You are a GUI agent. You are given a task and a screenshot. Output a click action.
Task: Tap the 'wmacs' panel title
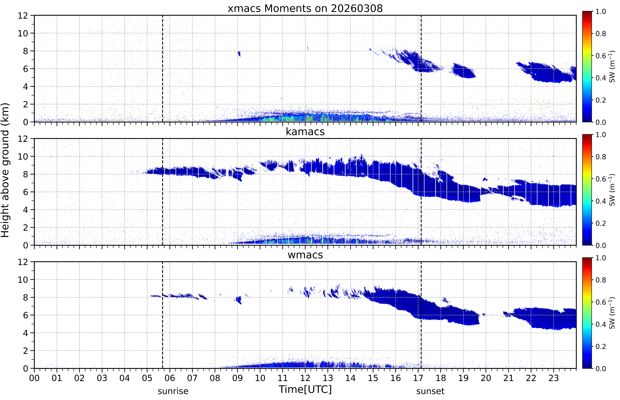tap(305, 255)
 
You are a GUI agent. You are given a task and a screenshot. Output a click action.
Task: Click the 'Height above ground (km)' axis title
tap(5, 170)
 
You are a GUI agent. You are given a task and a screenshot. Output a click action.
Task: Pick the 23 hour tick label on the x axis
tap(554, 378)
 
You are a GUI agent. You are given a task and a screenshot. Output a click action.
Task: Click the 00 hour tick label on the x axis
tap(34, 378)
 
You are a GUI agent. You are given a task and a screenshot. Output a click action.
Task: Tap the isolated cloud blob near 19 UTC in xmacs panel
tap(463, 71)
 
